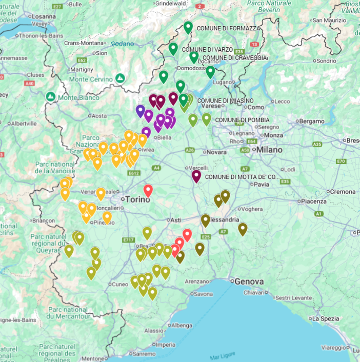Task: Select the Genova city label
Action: (249, 281)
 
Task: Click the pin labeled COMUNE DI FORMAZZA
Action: (188, 27)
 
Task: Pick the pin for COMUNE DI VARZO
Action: (173, 49)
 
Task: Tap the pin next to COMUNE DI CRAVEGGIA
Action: (194, 57)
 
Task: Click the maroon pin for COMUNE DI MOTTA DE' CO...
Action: (196, 176)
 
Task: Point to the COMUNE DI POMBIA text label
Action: (242, 120)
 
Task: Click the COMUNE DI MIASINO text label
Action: (225, 100)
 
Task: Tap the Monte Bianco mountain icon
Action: (51, 96)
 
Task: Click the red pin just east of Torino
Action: (148, 191)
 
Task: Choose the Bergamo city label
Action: (312, 121)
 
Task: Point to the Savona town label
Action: (203, 294)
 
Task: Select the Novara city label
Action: (216, 152)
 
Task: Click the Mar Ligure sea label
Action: (222, 355)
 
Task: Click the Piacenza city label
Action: (313, 201)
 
